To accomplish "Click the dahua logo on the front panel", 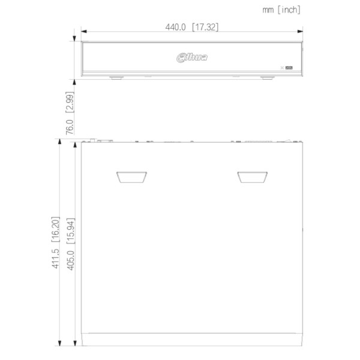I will coord(192,58).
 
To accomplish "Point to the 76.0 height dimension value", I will coord(70,127).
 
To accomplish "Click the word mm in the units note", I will coord(268,10).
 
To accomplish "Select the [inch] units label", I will coord(289,10).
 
